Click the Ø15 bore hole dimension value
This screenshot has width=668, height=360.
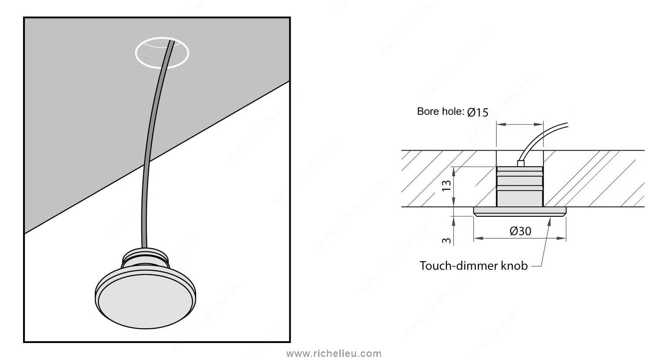pyautogui.click(x=478, y=112)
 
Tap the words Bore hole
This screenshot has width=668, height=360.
pyautogui.click(x=440, y=111)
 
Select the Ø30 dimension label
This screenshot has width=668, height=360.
pyautogui.click(x=520, y=231)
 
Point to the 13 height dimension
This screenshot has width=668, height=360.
pyautogui.click(x=447, y=186)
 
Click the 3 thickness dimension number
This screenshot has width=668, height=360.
pyautogui.click(x=446, y=240)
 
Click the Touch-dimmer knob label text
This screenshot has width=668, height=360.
pyautogui.click(x=473, y=266)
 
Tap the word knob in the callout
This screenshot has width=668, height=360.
pyautogui.click(x=514, y=266)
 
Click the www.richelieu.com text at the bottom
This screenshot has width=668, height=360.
pyautogui.click(x=334, y=354)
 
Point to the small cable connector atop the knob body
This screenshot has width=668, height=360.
pyautogui.click(x=520, y=164)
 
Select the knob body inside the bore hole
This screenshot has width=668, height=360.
pyautogui.click(x=520, y=186)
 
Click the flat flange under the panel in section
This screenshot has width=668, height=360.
pyautogui.click(x=520, y=211)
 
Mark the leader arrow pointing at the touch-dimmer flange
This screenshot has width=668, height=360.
pyautogui.click(x=544, y=242)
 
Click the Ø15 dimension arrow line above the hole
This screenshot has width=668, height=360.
pyautogui.click(x=520, y=124)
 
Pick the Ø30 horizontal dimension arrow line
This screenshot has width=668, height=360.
pyautogui.click(x=520, y=238)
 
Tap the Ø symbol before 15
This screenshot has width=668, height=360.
pyautogui.click(x=471, y=112)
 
